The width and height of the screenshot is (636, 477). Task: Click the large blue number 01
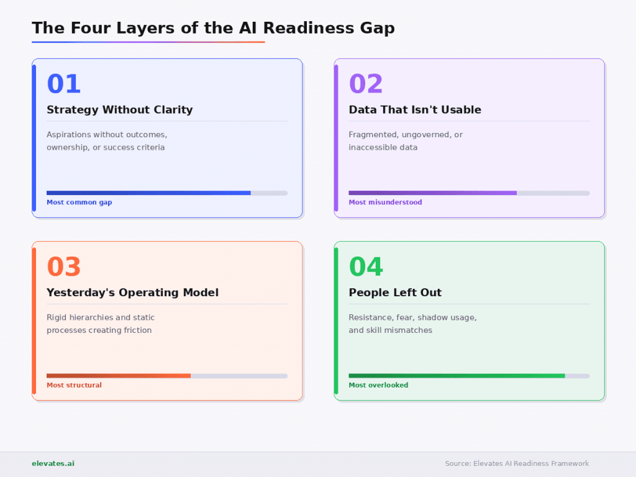point(64,84)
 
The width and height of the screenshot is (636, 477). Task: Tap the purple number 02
point(366,84)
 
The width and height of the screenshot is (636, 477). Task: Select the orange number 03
point(64,266)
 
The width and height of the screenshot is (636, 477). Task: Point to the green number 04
point(366,266)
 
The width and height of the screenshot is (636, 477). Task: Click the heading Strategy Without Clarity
point(120,110)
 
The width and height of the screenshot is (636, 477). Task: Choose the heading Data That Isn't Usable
point(415,110)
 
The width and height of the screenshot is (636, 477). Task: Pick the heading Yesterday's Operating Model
point(132,293)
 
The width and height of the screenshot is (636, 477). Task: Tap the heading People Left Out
point(395,293)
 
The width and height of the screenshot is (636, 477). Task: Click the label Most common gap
point(79,202)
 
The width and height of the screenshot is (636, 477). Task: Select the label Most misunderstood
point(385,202)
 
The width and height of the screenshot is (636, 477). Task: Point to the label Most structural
point(74,385)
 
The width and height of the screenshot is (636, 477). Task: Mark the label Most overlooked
point(378,385)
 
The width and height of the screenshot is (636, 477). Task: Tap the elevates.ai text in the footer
point(53,463)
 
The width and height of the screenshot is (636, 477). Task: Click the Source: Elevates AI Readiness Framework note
point(517,463)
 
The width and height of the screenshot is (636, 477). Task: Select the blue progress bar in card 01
point(148,193)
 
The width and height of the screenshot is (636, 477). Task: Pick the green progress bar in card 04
point(457,376)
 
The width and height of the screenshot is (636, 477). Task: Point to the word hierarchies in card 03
point(91,317)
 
